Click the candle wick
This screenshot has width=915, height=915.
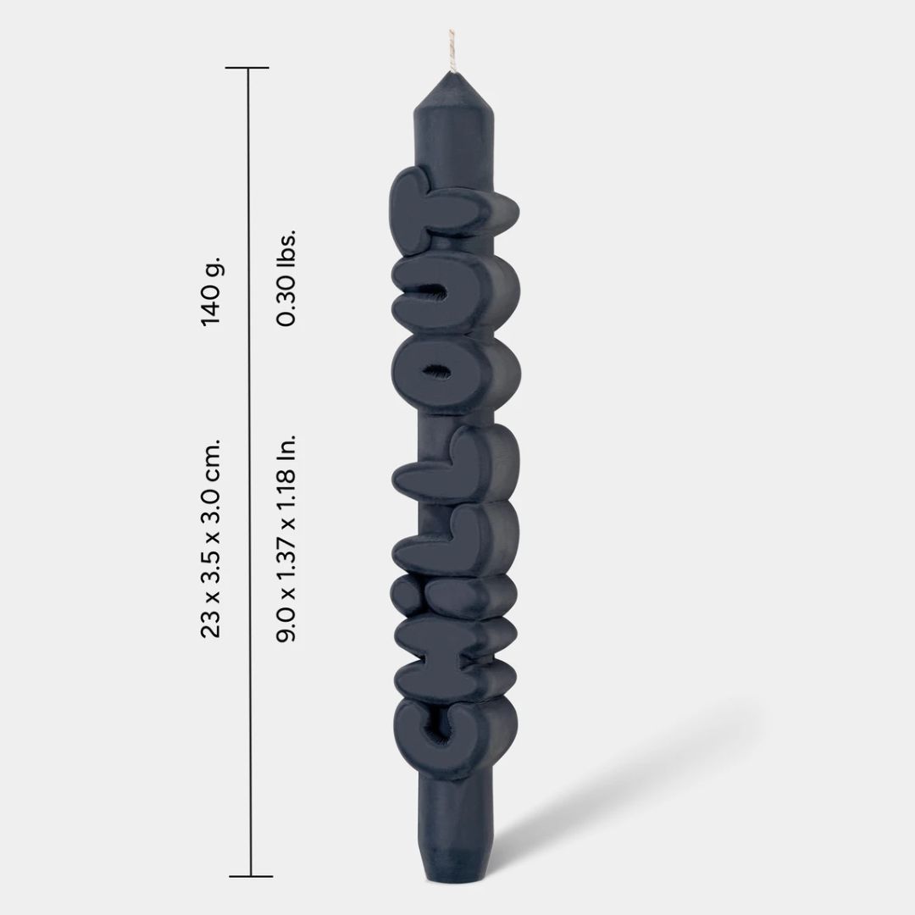coord(451,51)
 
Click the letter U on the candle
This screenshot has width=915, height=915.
coord(455,296)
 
